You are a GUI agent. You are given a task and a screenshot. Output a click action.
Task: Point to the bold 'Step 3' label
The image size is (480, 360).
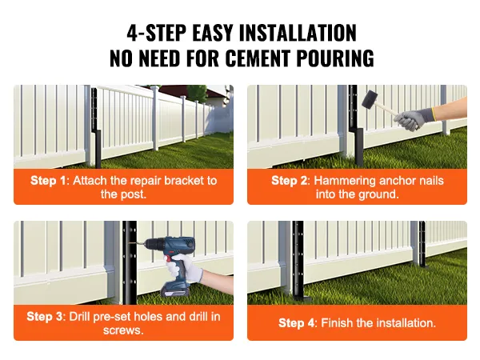45,316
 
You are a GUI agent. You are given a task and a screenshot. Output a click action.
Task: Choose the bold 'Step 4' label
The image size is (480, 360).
297,323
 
